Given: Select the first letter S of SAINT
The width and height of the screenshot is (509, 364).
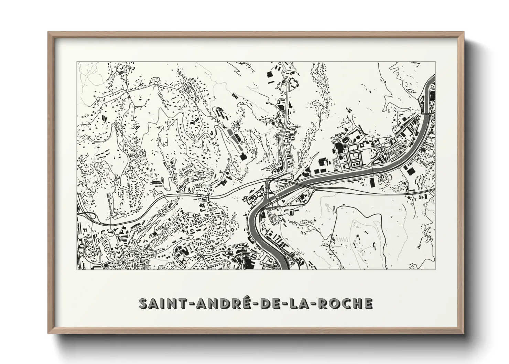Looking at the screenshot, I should pyautogui.click(x=143, y=303).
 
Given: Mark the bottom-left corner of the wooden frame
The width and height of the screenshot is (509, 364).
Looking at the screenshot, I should pyautogui.click(x=48, y=333).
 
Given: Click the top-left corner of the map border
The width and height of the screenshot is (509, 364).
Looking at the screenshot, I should pyautogui.click(x=77, y=62).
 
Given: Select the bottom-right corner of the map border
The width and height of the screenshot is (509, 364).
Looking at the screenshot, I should pyautogui.click(x=435, y=269).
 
